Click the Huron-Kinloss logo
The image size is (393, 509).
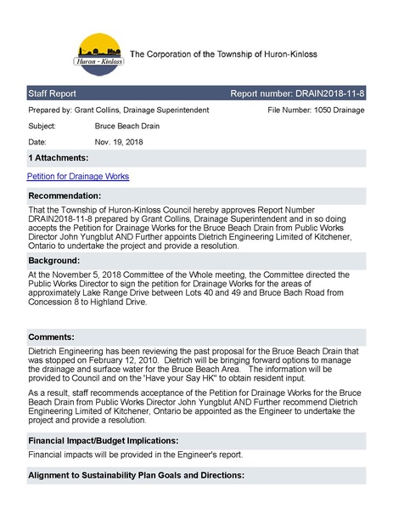click(101, 55)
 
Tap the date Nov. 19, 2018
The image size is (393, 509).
click(120, 141)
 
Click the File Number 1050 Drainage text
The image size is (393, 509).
click(316, 110)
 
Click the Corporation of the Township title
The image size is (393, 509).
click(223, 54)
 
